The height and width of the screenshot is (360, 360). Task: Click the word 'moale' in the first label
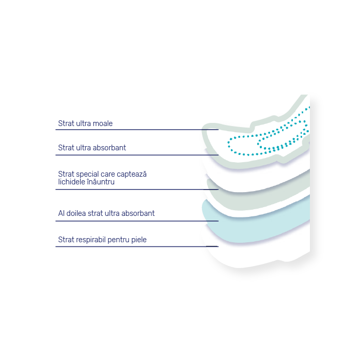[x=103, y=123]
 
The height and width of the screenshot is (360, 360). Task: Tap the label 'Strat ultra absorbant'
[x=92, y=148]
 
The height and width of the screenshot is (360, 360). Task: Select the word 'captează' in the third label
[x=132, y=174]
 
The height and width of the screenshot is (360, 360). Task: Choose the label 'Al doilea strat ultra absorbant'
[x=106, y=213]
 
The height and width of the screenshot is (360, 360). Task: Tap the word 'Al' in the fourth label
[x=61, y=213]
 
